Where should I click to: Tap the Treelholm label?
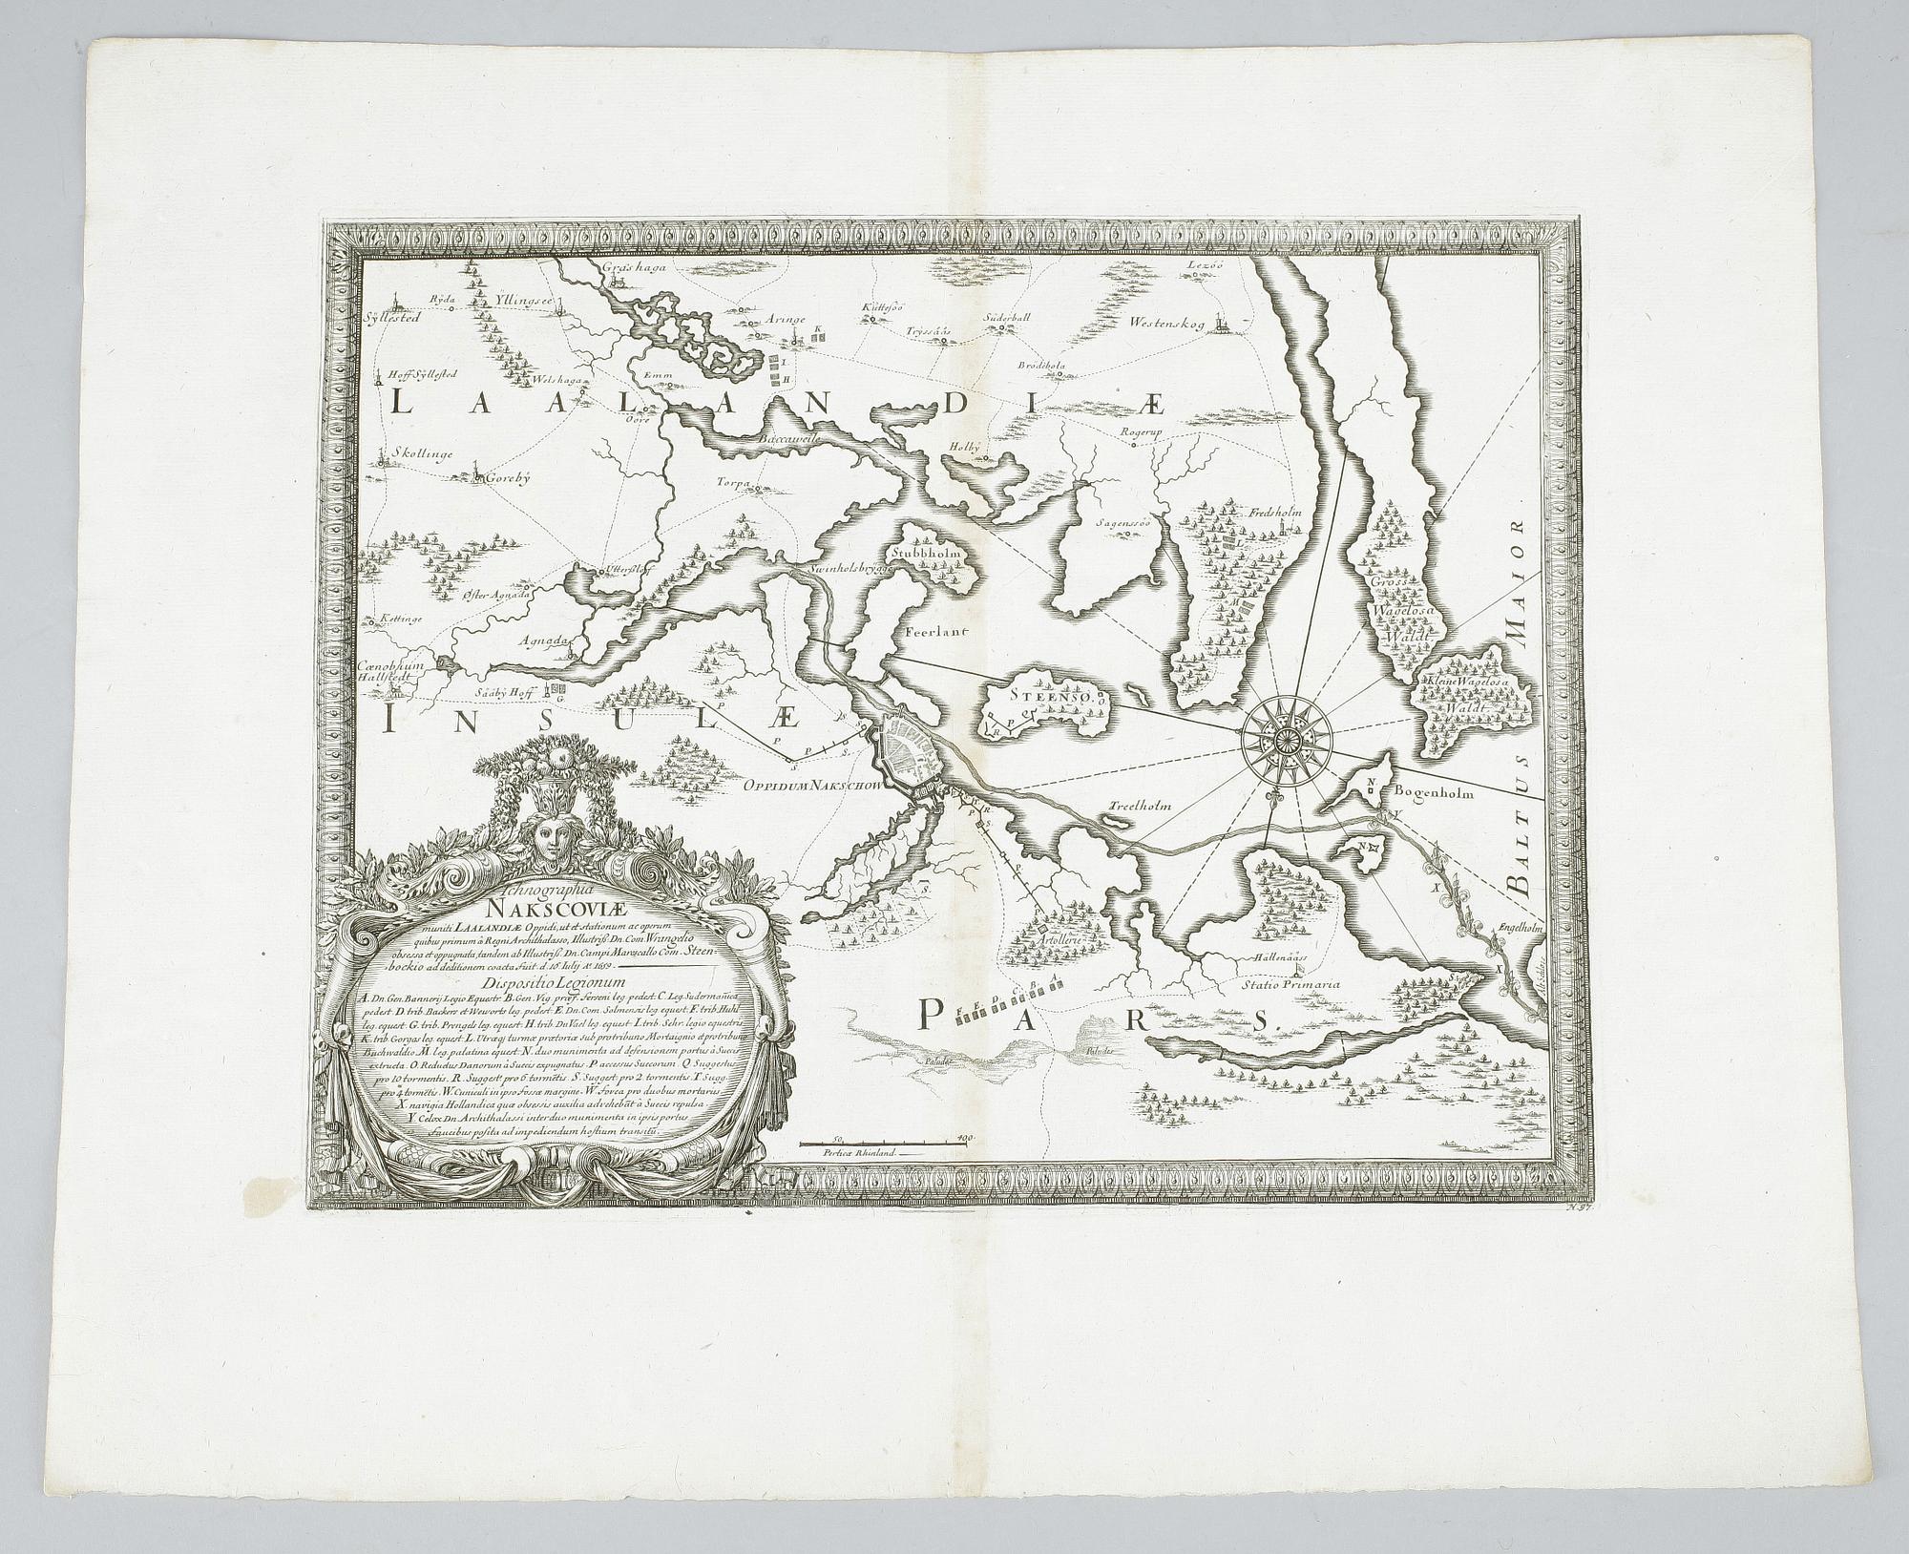[x=1140, y=806]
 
